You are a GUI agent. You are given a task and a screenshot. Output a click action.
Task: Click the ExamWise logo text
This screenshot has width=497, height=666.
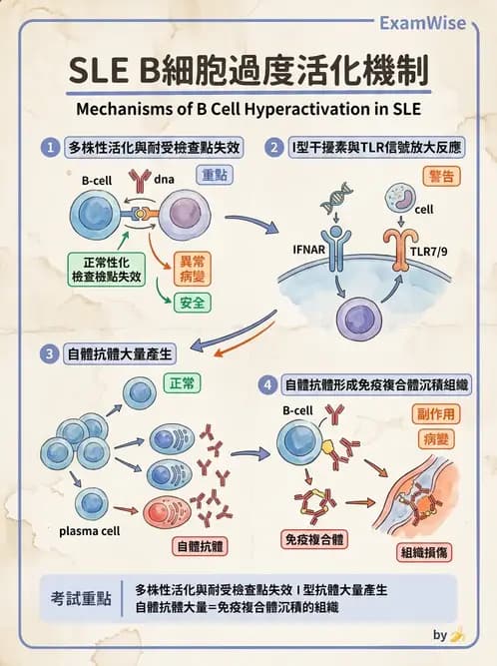pyautogui.click(x=420, y=22)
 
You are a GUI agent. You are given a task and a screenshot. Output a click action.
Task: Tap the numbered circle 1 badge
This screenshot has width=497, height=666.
pyautogui.click(x=48, y=148)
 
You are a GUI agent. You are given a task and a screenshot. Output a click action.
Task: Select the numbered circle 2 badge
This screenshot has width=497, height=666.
pyautogui.click(x=273, y=148)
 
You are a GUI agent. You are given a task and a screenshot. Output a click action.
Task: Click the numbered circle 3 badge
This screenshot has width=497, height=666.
pyautogui.click(x=48, y=353)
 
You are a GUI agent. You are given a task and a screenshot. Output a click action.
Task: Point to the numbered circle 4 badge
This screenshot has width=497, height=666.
pyautogui.click(x=267, y=383)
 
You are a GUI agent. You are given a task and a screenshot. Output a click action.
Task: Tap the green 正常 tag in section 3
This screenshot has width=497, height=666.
pyautogui.click(x=184, y=382)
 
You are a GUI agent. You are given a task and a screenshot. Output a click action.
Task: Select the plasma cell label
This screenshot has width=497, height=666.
pyautogui.click(x=89, y=531)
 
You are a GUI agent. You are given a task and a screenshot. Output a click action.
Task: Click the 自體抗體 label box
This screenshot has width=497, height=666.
pyautogui.click(x=200, y=546)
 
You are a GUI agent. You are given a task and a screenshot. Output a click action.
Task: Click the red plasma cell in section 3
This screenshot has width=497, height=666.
pyautogui.click(x=167, y=511)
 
